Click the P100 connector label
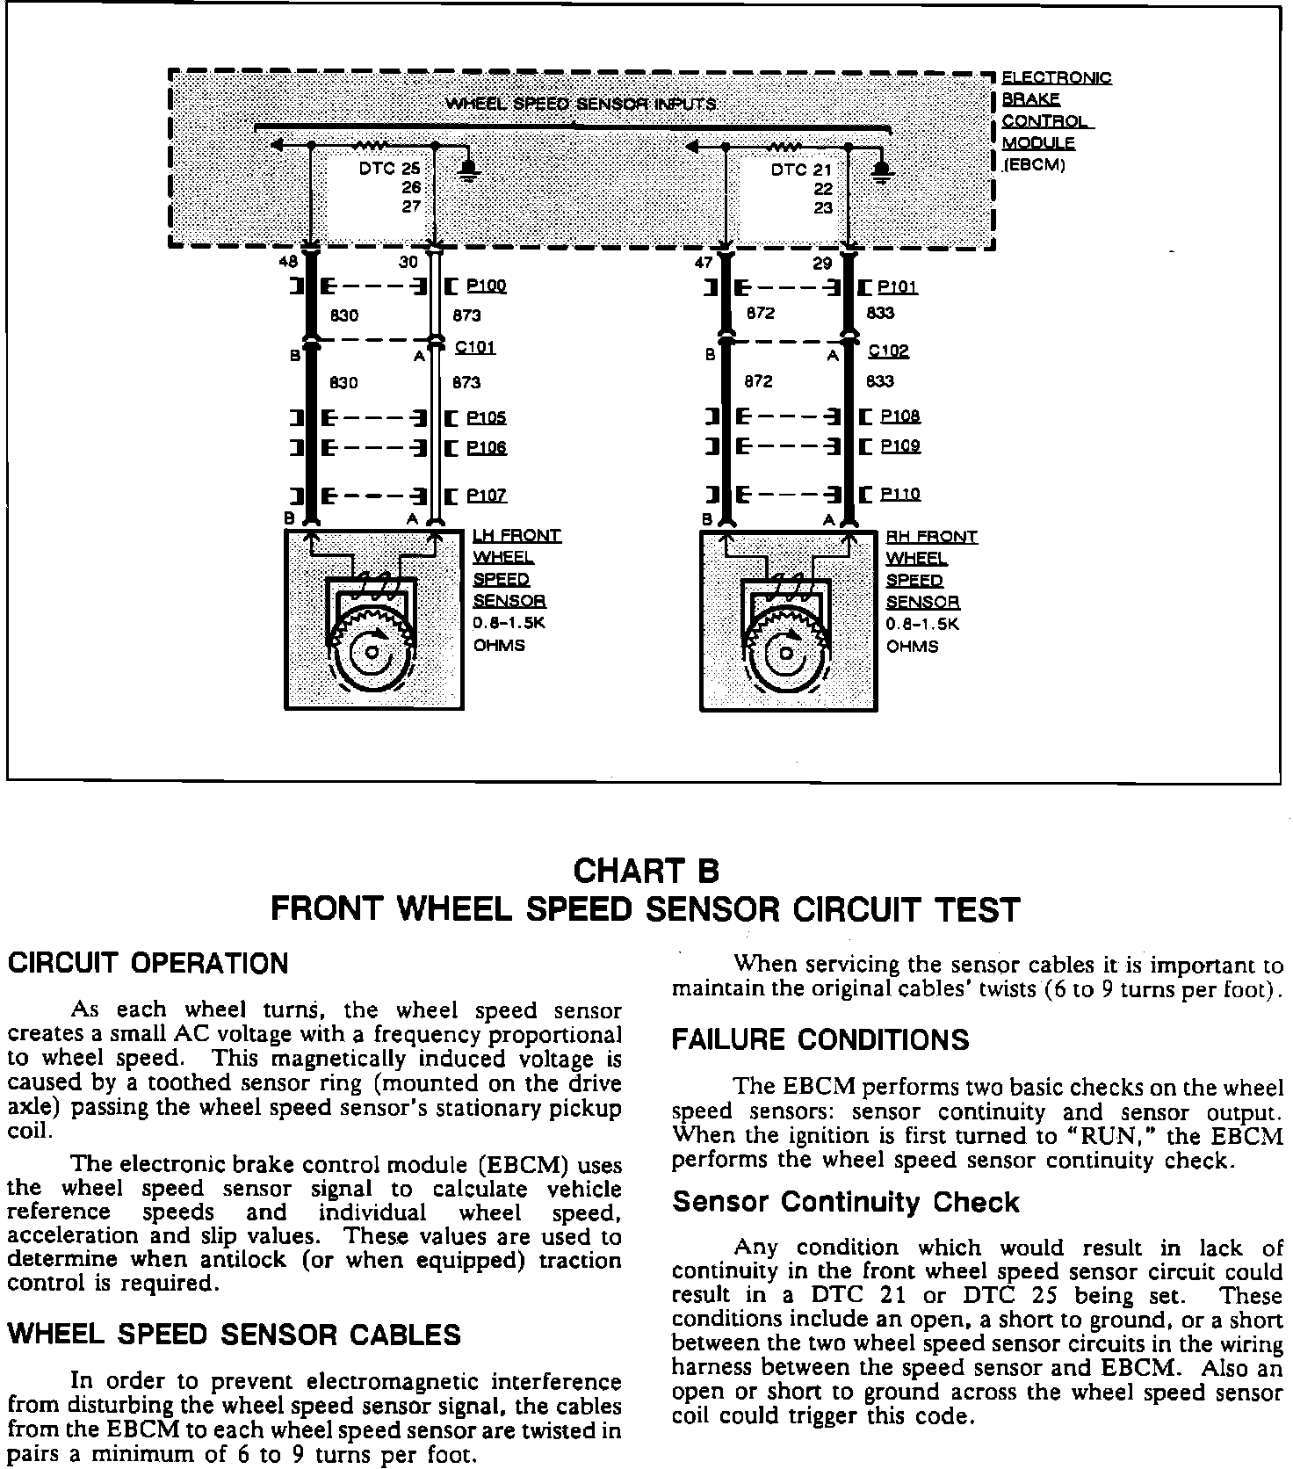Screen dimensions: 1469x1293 (486, 286)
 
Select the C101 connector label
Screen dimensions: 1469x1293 (475, 347)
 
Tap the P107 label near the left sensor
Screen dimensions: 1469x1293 (486, 496)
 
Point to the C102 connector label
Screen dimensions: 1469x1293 (888, 351)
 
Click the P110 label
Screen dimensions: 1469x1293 (900, 495)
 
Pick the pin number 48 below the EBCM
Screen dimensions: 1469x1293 (288, 262)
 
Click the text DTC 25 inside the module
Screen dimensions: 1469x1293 (389, 169)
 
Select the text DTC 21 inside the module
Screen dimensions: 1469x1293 (800, 170)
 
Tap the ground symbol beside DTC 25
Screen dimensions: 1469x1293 (468, 168)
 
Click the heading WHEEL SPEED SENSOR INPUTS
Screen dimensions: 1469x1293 (580, 104)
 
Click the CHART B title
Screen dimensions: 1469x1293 (646, 871)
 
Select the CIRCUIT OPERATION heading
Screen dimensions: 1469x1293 (148, 963)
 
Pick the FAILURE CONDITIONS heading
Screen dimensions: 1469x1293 (820, 1039)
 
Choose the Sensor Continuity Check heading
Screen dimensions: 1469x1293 (845, 1202)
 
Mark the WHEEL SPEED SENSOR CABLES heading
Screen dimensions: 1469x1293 (234, 1335)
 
